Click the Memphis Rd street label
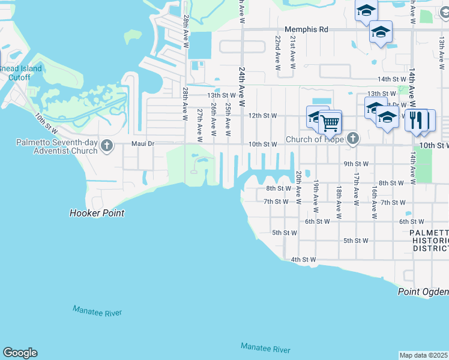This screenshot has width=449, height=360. pos(306,29)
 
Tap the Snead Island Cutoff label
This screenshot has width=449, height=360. pos(21,73)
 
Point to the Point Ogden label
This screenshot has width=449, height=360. pos(423,292)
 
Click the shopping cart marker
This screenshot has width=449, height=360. pos(330,123)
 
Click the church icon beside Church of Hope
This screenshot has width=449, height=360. pos(353,139)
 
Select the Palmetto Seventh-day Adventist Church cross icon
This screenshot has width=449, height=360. pos(107,145)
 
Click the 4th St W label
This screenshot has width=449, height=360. pos(303,260)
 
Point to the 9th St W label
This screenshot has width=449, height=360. pos(355,163)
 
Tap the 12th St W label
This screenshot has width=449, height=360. pos(262,115)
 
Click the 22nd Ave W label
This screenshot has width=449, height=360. pos(279,53)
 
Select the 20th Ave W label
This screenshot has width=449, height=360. pos(298,187)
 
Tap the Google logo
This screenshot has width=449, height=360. pos(20,353)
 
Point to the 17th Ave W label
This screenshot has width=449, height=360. pos(355,186)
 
